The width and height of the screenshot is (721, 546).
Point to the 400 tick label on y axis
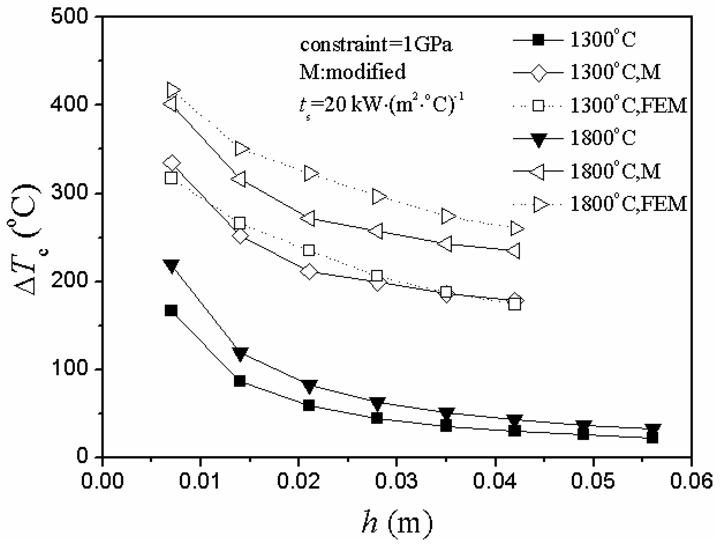tap(69, 105)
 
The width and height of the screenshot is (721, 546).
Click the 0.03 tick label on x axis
tap(396, 481)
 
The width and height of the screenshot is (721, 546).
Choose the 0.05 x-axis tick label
tap(592, 481)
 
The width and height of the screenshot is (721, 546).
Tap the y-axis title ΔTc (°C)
tap(28, 240)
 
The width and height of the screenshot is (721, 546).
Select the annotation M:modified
tap(353, 72)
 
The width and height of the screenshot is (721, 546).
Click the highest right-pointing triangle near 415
tap(173, 90)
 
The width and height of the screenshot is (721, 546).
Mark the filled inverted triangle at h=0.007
tap(171, 266)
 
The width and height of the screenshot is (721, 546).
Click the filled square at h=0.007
tap(171, 310)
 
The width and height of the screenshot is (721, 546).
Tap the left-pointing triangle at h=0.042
tap(513, 251)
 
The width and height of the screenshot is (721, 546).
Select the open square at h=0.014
tap(240, 223)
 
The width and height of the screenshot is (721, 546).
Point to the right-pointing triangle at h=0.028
tap(379, 196)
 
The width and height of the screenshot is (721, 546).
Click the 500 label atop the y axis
tap(69, 16)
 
